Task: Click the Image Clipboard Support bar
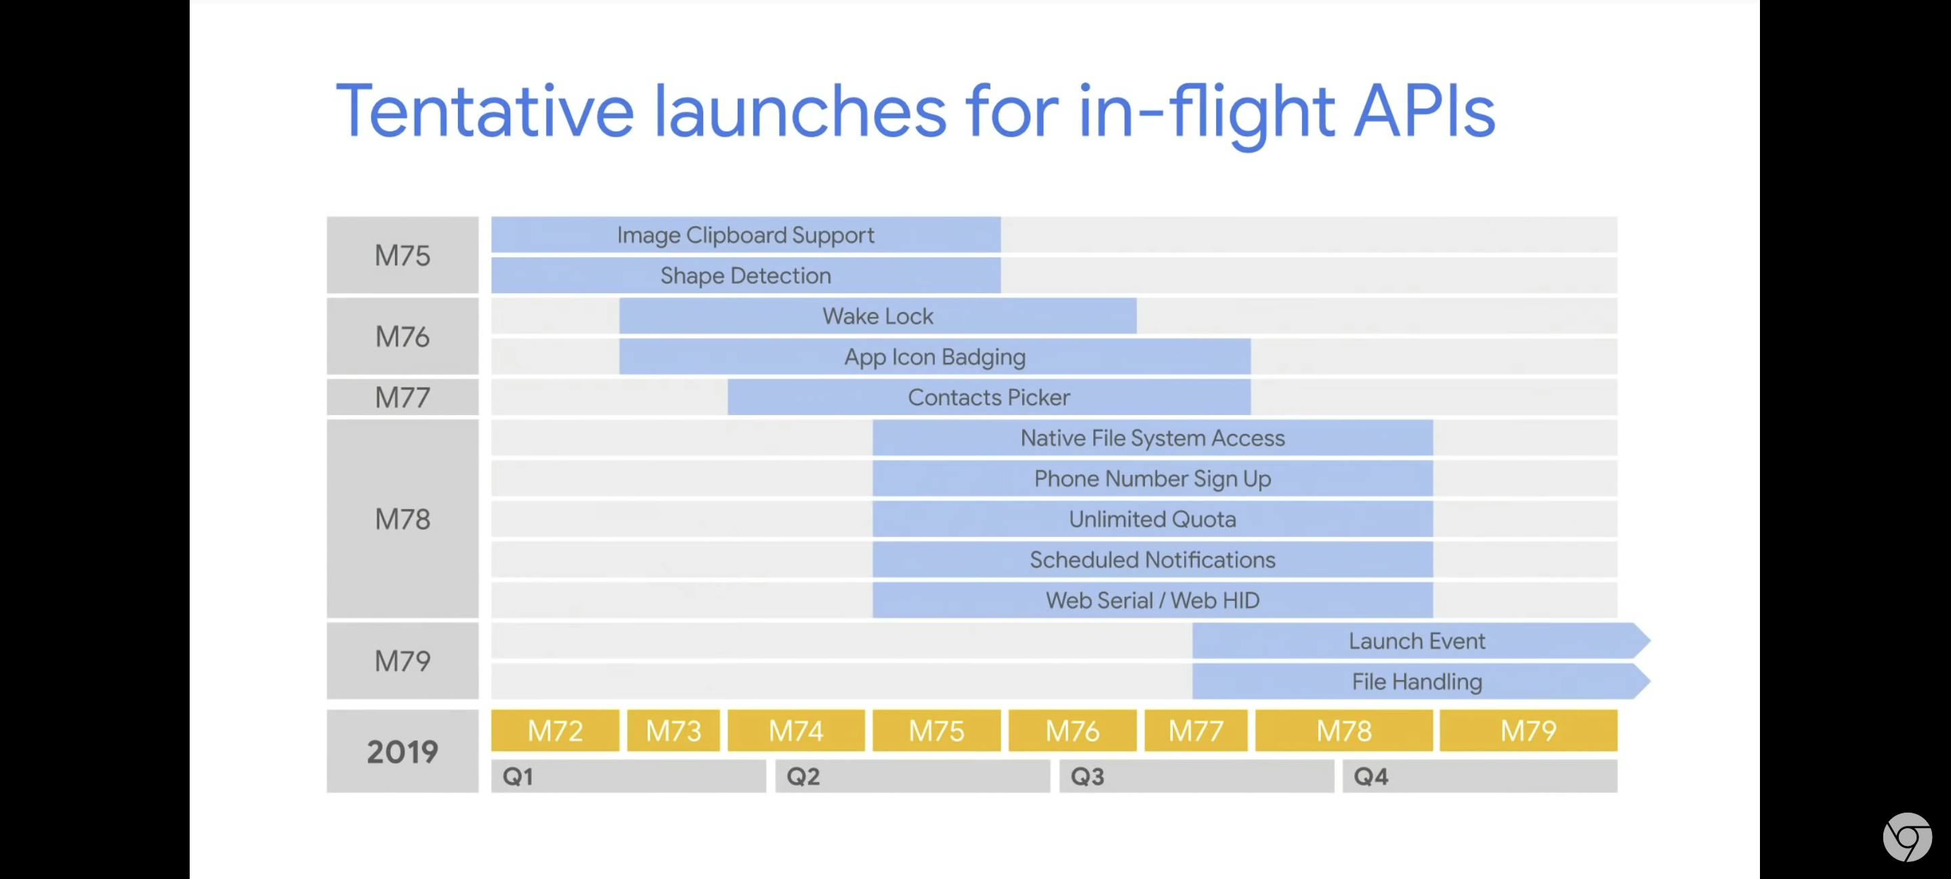[x=746, y=235]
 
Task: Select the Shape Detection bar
[x=746, y=276]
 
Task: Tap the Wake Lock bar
[x=878, y=316]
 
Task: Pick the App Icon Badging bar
[x=935, y=357]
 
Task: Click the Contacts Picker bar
[x=989, y=398]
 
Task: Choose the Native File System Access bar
[x=1153, y=437]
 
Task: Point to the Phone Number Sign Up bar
[x=1153, y=479]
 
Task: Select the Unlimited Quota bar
[x=1153, y=519]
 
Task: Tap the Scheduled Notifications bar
[x=1153, y=559]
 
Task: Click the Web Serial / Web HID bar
[x=1153, y=601]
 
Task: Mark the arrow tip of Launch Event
[x=1650, y=641]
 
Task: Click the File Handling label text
[x=1417, y=681]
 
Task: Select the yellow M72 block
[x=555, y=731]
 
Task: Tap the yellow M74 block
[x=796, y=731]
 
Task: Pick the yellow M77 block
[x=1196, y=731]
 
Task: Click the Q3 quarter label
[x=1087, y=777]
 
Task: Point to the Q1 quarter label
[x=518, y=777]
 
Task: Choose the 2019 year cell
[x=403, y=751]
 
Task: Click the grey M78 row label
[x=403, y=519]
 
